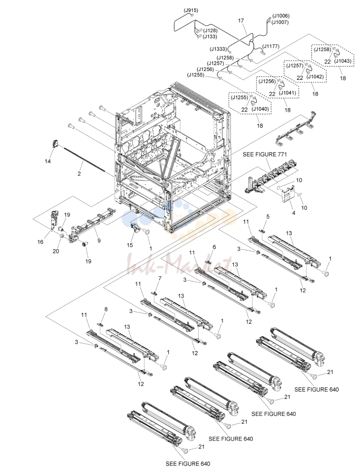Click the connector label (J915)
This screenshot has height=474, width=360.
191,10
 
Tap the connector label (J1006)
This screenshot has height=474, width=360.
281,16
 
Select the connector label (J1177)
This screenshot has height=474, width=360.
271,46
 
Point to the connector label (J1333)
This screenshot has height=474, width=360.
218,49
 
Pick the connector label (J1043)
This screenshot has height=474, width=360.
343,61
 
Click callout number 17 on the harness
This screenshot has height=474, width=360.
241,21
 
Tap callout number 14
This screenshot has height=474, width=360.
48,161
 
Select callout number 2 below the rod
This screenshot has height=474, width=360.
79,173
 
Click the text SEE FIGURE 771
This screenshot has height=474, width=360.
265,154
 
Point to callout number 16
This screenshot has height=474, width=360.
40,242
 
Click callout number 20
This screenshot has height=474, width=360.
56,251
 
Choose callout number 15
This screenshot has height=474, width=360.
130,245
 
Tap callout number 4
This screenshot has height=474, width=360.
294,213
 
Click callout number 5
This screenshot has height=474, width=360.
268,217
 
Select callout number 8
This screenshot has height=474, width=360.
106,309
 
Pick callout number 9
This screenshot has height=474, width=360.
99,241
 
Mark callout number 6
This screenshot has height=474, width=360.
214,247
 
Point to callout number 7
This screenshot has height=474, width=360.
160,278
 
